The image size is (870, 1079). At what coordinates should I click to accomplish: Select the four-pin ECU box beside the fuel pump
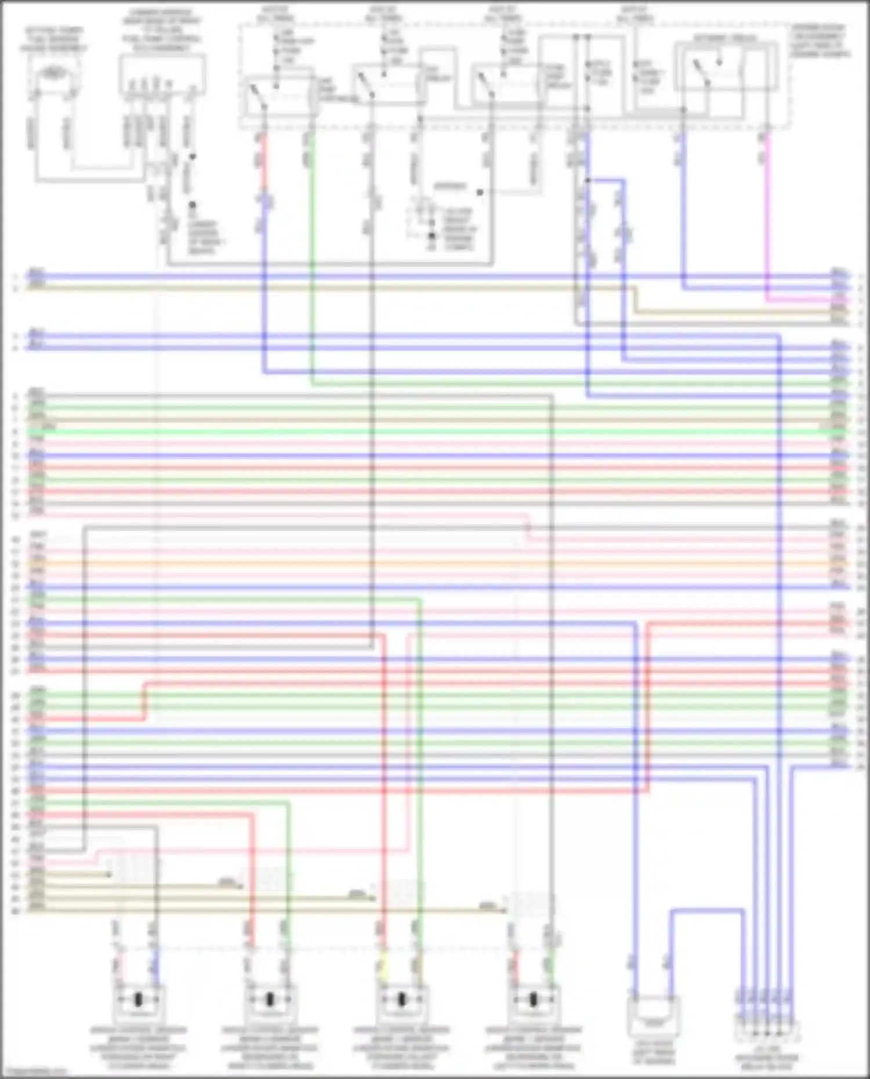point(162,74)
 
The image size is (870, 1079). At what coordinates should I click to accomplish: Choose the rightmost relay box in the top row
point(724,70)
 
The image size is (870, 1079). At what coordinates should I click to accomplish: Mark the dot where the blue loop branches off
point(588,180)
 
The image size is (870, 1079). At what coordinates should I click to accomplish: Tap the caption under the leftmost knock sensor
point(139,1049)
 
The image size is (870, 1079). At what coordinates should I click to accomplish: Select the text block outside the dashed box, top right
point(820,41)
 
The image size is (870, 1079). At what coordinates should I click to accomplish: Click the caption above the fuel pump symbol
point(53,39)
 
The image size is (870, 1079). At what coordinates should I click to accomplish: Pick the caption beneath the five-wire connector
point(766,1059)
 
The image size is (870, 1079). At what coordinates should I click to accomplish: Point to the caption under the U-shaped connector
point(653,1053)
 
